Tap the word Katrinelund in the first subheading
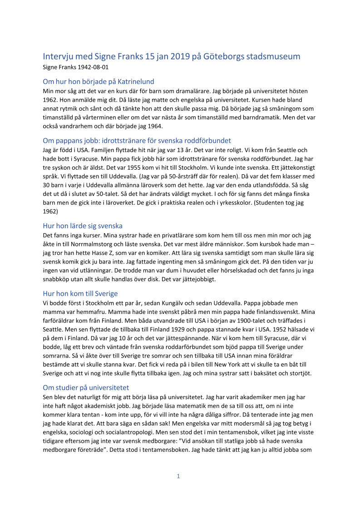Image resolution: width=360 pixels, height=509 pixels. tap(131, 82)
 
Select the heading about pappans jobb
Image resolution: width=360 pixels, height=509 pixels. tap(137, 140)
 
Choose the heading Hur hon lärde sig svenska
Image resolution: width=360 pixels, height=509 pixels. tap(83, 225)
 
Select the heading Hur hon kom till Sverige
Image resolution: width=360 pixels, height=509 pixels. tap(80, 294)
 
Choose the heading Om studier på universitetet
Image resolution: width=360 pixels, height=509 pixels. tap(86, 387)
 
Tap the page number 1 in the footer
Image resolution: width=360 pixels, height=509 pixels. tap(179, 476)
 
